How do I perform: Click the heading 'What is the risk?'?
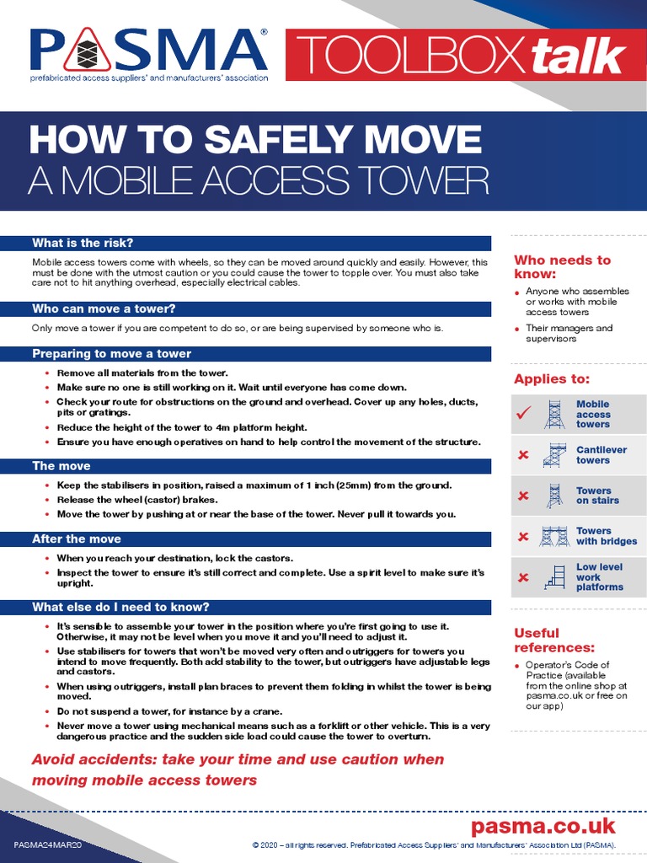tap(83, 243)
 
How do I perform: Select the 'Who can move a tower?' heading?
tap(104, 308)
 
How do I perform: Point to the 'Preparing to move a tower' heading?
tap(111, 353)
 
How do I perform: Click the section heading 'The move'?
tap(61, 465)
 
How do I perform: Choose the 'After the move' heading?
tap(76, 539)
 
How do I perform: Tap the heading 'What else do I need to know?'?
tap(120, 607)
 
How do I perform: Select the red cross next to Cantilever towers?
tap(523, 455)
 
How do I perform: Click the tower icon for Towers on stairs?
tap(553, 496)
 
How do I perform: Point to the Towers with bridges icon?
tap(554, 536)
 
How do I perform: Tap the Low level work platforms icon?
tap(554, 577)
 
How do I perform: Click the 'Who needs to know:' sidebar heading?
tap(562, 266)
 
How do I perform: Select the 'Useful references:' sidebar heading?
tap(554, 640)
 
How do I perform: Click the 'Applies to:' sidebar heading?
tap(552, 379)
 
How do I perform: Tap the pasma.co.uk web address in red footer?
tap(543, 825)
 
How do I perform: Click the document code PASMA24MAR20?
tap(48, 844)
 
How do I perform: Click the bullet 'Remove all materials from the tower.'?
tap(142, 373)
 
